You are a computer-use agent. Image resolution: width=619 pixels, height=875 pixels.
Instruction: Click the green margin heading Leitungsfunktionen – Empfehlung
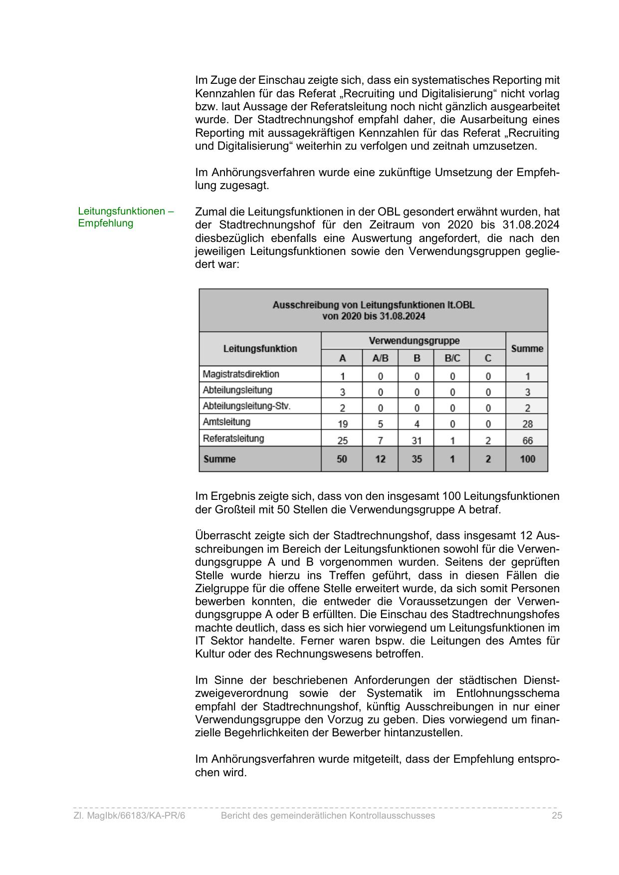click(x=125, y=217)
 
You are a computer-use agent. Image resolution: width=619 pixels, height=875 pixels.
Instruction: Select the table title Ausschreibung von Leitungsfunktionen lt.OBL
click(x=373, y=305)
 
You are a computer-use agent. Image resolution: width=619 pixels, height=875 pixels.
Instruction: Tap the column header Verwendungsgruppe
click(x=413, y=341)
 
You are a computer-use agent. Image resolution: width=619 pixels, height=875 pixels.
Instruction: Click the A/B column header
click(x=380, y=358)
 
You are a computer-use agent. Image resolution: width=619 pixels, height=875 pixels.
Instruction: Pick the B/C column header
click(x=452, y=358)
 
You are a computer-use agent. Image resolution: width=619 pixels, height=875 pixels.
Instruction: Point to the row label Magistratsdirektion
click(x=241, y=374)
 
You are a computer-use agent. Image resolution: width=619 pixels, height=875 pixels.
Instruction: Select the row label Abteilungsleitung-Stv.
click(x=246, y=406)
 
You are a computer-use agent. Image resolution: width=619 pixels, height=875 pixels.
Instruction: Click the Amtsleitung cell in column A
click(x=342, y=424)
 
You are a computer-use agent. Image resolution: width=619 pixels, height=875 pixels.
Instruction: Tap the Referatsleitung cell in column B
click(x=416, y=440)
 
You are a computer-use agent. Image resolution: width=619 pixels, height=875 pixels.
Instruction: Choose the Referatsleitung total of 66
click(x=527, y=440)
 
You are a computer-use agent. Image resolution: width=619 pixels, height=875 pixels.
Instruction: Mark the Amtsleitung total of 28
click(x=527, y=424)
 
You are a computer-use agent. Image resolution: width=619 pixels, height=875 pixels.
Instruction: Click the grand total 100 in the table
click(x=527, y=459)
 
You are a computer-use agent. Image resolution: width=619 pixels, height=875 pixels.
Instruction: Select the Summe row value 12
click(x=380, y=459)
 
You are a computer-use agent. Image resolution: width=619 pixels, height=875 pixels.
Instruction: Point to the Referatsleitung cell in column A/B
click(x=380, y=440)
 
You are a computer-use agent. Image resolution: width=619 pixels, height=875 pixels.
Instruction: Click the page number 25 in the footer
click(x=557, y=816)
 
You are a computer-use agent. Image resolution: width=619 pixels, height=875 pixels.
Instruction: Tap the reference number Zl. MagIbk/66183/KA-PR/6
click(x=129, y=816)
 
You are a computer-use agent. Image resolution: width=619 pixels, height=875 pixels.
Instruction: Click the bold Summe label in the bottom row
click(x=219, y=459)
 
